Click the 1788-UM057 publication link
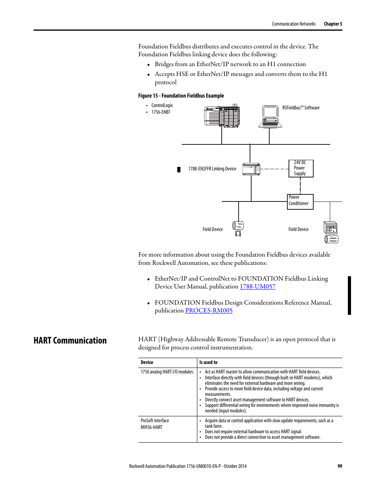click(257, 286)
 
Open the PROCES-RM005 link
click(209, 310)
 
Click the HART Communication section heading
click(70, 340)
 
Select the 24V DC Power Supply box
click(301, 168)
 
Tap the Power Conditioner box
click(300, 201)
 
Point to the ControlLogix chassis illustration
click(222, 116)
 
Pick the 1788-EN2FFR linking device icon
click(251, 169)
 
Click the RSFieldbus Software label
click(301, 108)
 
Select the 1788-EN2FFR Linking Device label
click(212, 169)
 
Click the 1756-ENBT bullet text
click(161, 112)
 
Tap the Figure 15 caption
click(181, 96)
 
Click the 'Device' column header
click(147, 362)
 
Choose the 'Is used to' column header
click(208, 362)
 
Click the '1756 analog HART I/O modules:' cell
click(167, 372)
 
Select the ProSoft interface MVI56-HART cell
click(154, 424)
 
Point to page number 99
click(340, 466)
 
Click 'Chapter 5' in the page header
click(333, 24)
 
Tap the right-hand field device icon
click(331, 232)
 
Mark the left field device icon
click(238, 228)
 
